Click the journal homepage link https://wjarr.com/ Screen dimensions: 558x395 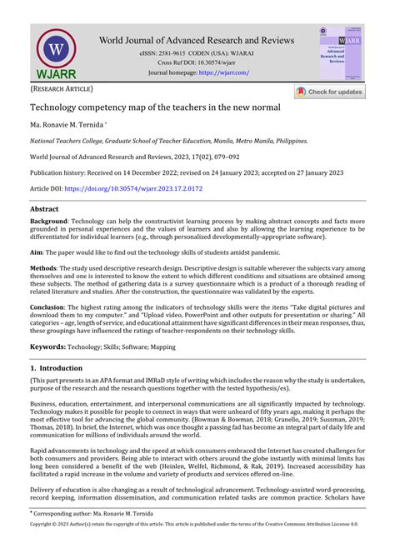click(223, 73)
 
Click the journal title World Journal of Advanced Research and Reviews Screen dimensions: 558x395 click(197, 40)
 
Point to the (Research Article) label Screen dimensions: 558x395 click(62, 88)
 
